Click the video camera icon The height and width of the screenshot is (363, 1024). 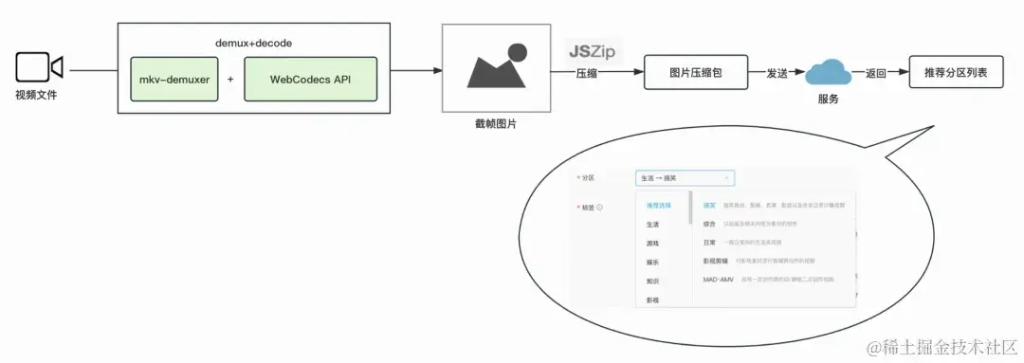[x=39, y=67]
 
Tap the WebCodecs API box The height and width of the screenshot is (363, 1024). [x=310, y=79]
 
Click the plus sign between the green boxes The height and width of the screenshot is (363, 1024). [x=230, y=80]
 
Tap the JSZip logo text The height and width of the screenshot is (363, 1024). [x=591, y=51]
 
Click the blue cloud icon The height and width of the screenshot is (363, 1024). [x=828, y=71]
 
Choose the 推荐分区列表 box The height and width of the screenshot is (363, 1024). [x=955, y=71]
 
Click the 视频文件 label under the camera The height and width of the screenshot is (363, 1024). [x=35, y=95]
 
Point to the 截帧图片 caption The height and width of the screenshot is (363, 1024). [x=496, y=124]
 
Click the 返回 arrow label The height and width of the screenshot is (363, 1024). [x=876, y=71]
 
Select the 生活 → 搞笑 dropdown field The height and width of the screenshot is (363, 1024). [x=685, y=177]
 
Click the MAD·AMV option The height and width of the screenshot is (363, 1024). [x=718, y=281]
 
